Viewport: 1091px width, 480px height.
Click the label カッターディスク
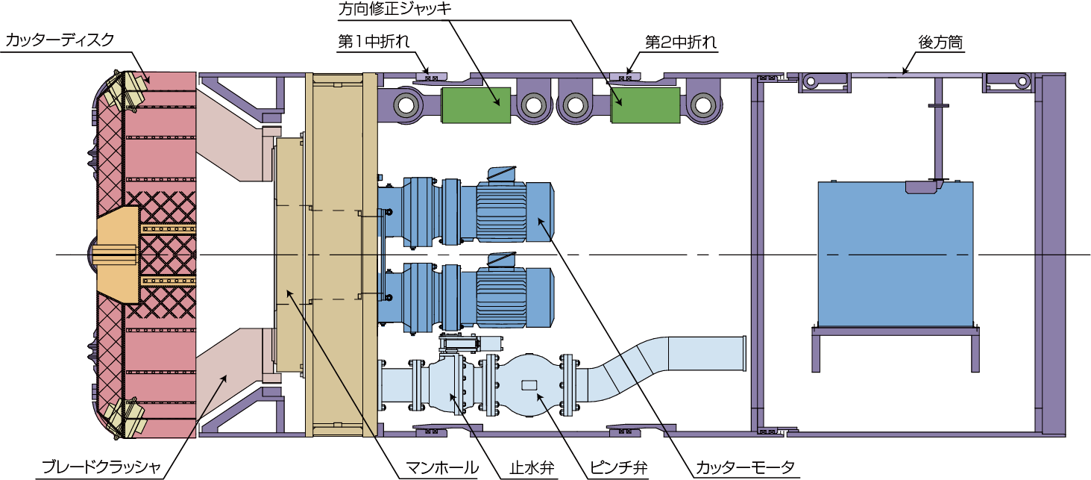click(x=60, y=40)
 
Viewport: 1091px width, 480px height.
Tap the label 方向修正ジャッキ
click(x=394, y=9)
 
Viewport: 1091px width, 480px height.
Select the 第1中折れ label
click(x=374, y=42)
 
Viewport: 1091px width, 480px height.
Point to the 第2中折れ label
click(x=681, y=43)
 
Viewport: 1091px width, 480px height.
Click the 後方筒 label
click(x=940, y=43)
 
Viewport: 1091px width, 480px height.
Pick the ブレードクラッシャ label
click(x=101, y=467)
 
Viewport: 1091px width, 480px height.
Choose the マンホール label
click(x=442, y=468)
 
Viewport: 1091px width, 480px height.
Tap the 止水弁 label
click(x=532, y=468)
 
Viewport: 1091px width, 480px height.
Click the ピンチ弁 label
click(x=618, y=468)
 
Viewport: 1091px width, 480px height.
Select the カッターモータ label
click(x=745, y=468)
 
